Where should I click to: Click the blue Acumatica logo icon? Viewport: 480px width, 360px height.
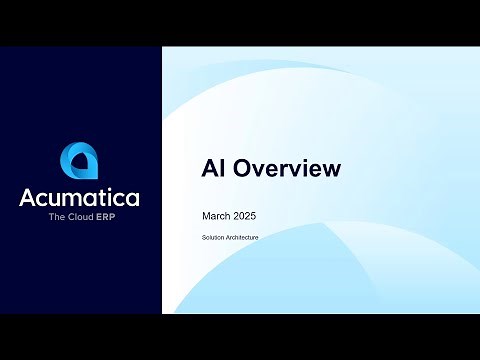(79, 161)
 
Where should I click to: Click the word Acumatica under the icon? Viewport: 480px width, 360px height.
(79, 197)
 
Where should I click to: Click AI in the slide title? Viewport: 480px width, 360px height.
(214, 169)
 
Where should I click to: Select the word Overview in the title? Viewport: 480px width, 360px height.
(286, 169)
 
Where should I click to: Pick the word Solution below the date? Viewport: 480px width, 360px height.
(210, 237)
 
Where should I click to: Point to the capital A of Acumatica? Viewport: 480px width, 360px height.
(27, 197)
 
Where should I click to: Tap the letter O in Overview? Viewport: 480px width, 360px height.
(243, 169)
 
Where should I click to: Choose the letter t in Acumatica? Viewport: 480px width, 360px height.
(103, 197)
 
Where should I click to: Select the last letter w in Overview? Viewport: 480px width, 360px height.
(330, 169)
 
